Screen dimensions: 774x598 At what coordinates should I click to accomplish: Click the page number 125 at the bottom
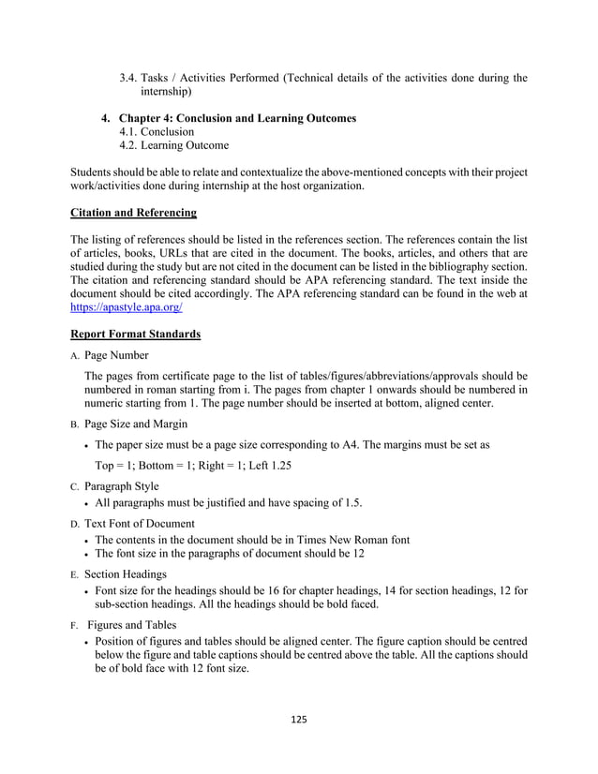pyautogui.click(x=299, y=719)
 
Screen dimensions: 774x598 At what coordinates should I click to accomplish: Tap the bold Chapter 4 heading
pyautogui.click(x=238, y=118)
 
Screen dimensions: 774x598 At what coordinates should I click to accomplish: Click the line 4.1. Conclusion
pyautogui.click(x=157, y=132)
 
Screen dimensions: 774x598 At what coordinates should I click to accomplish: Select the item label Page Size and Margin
pyautogui.click(x=136, y=424)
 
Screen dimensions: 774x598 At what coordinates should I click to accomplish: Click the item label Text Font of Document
pyautogui.click(x=140, y=523)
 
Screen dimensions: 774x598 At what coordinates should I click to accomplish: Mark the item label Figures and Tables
pyautogui.click(x=135, y=624)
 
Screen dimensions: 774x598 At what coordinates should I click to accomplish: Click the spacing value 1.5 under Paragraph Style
pyautogui.click(x=351, y=503)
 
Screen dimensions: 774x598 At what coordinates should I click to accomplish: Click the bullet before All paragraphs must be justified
pyautogui.click(x=87, y=503)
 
